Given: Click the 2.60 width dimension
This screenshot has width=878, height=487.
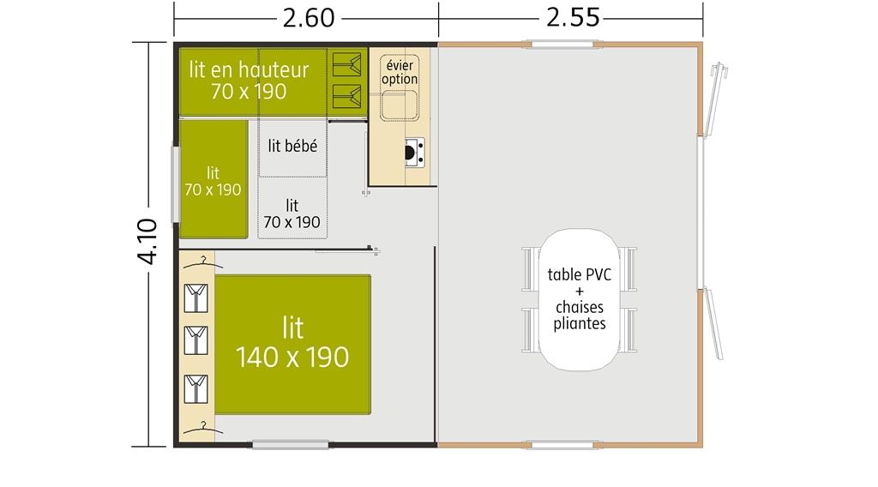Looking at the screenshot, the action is (x=309, y=19).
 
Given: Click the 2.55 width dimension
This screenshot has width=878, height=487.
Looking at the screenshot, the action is (x=573, y=19).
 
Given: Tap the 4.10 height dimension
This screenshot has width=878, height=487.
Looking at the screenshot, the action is (x=147, y=241).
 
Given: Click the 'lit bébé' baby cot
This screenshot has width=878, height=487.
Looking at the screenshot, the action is (x=292, y=147).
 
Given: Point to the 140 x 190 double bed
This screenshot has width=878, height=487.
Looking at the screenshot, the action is (x=292, y=345).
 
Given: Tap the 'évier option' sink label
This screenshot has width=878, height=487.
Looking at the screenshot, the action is (x=400, y=72).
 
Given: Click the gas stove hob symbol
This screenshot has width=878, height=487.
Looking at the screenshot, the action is (x=414, y=153).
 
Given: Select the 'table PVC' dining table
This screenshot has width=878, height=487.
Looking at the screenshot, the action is (x=579, y=299).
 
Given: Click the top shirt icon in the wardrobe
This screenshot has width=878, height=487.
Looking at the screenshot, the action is (x=196, y=298).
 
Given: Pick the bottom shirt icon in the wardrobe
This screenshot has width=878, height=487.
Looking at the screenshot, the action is (x=196, y=388).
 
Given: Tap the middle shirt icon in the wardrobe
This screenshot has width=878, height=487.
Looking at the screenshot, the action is (x=196, y=340).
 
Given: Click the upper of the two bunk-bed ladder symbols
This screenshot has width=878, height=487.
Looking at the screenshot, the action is (x=346, y=65).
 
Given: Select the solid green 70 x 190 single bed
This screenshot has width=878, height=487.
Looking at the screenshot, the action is (x=213, y=180).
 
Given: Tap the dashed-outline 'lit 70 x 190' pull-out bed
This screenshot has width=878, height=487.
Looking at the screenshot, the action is (x=292, y=208).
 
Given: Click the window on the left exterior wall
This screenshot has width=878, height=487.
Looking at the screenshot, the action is (x=175, y=184).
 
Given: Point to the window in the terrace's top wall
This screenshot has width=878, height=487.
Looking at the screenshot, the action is (x=562, y=45).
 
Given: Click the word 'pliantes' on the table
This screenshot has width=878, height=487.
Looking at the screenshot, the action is (x=580, y=324).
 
